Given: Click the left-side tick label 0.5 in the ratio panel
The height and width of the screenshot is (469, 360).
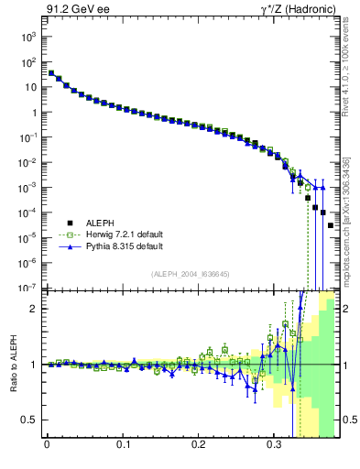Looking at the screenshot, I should coord(28,420).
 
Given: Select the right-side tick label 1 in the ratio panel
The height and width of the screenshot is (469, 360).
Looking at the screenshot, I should coord(347,365).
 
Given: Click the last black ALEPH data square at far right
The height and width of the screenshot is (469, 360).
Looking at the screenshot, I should coord(331,225).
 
